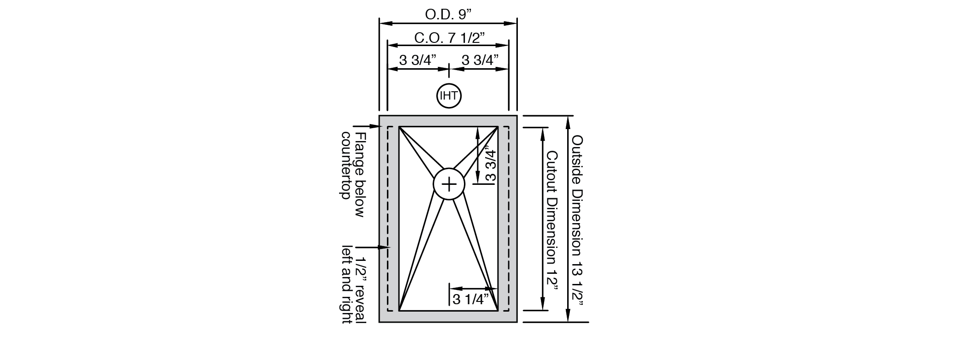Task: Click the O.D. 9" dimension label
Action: (x=448, y=14)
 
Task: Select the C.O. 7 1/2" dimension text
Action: (x=449, y=38)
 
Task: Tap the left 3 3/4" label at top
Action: (x=417, y=60)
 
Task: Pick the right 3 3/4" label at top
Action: (x=480, y=60)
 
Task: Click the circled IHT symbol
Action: (x=449, y=96)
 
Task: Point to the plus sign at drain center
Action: (x=449, y=184)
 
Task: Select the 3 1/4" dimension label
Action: (x=470, y=300)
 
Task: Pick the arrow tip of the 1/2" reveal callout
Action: (x=390, y=247)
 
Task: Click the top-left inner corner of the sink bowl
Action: (x=399, y=126)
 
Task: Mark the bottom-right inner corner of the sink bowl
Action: (x=498, y=311)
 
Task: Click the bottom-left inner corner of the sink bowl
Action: (x=399, y=311)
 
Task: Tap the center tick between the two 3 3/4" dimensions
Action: (x=449, y=69)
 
